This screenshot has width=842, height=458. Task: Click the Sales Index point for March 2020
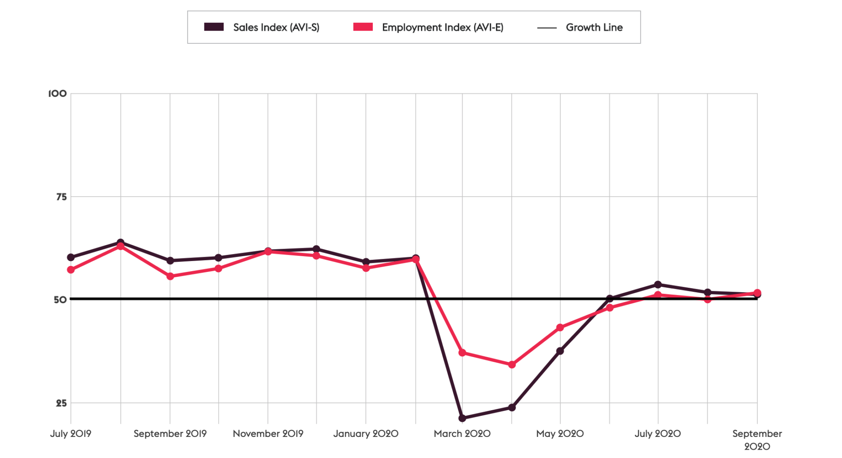[462, 418]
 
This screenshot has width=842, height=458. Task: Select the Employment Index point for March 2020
[462, 353]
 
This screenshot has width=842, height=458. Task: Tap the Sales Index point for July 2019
[71, 258]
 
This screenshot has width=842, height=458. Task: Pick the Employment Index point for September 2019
[170, 276]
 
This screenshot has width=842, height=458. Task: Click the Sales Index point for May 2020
[560, 351]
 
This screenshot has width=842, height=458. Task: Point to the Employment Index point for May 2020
[560, 328]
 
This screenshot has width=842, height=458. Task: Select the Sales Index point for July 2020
[658, 285]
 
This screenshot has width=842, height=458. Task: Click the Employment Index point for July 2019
[71, 270]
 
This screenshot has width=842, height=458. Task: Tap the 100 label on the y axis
[57, 93]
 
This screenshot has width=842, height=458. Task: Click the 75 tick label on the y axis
[61, 197]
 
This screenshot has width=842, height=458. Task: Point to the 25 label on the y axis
[61, 403]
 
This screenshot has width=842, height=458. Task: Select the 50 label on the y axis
[61, 300]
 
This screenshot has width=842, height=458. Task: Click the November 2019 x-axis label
[268, 433]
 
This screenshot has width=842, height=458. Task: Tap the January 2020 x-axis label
[366, 433]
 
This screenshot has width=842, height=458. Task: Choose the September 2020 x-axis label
[757, 440]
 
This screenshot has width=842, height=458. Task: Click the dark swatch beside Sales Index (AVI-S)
[214, 27]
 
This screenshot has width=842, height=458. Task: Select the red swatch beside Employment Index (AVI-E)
[363, 27]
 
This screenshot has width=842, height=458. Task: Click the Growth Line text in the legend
[594, 27]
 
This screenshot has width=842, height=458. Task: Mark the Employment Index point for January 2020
[366, 268]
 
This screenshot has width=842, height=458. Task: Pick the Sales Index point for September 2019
[170, 261]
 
